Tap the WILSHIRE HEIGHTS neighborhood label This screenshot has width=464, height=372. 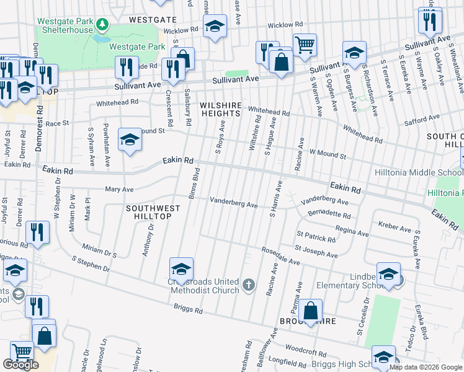(x=220, y=110)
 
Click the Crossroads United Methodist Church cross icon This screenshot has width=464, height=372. (x=248, y=285)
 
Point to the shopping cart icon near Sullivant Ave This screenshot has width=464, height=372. (x=305, y=45)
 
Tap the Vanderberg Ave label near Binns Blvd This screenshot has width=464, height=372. (x=233, y=202)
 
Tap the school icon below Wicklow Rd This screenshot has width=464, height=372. (x=215, y=26)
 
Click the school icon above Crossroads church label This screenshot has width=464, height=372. (x=181, y=269)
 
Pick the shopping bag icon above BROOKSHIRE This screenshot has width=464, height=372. (x=311, y=311)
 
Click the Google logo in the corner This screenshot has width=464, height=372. (x=20, y=365)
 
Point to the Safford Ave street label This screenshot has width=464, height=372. (x=421, y=117)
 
